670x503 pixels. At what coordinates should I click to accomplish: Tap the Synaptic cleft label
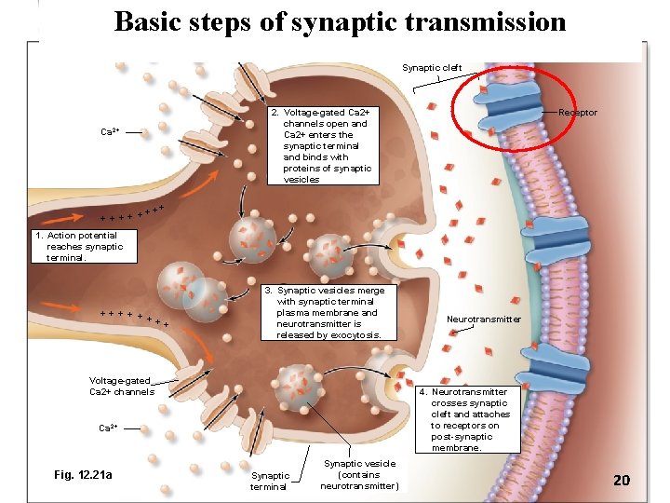click(x=431, y=67)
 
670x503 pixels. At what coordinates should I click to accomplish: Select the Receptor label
click(x=577, y=113)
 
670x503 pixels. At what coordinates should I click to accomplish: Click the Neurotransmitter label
click(x=484, y=319)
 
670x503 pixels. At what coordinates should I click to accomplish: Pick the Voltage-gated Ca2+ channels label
click(x=120, y=386)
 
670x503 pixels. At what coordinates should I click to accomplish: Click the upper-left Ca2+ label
click(x=110, y=132)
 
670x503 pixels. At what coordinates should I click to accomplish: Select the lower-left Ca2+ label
click(x=109, y=428)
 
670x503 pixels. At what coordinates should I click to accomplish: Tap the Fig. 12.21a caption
click(x=84, y=475)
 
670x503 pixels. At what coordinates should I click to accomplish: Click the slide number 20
click(x=622, y=480)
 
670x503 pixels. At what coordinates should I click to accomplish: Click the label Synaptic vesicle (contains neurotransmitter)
click(x=359, y=474)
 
